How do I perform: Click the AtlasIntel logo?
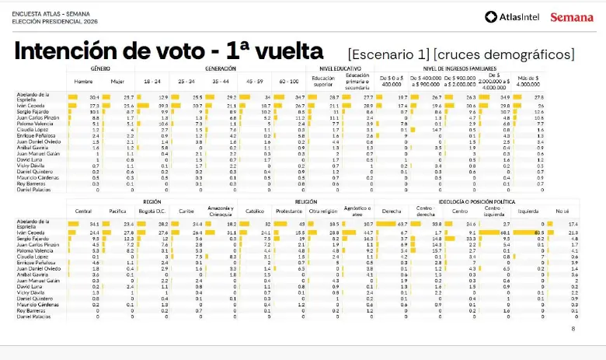[514, 17]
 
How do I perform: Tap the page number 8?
[573, 328]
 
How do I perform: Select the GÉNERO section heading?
[99, 68]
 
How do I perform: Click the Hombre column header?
[83, 81]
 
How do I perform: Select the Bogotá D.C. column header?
[152, 211]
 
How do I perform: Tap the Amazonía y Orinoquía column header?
[220, 211]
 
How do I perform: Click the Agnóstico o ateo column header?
[358, 211]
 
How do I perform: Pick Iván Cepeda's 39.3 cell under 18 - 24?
[163, 105]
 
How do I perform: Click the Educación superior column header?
[323, 80]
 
